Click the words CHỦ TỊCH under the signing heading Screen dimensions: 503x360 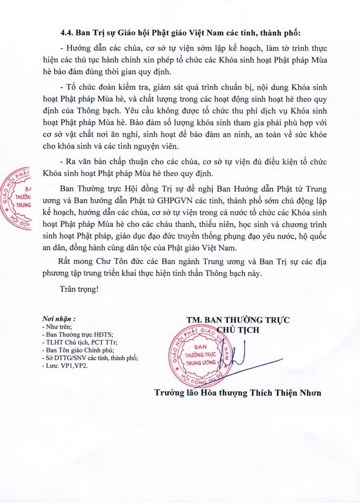click(x=238, y=330)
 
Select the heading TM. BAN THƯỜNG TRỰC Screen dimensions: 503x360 click(x=238, y=320)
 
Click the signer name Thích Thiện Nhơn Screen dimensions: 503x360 click(x=285, y=393)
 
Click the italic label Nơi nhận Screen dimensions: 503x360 click(x=59, y=319)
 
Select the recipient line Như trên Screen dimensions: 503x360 click(x=59, y=327)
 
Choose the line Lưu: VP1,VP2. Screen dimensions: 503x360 click(x=67, y=366)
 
